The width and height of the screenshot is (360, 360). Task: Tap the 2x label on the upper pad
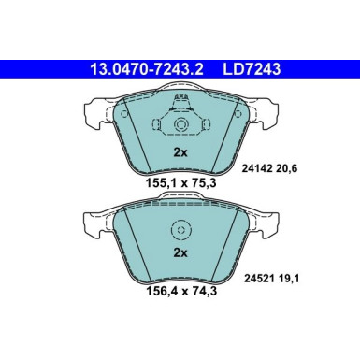tap(180, 151)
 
